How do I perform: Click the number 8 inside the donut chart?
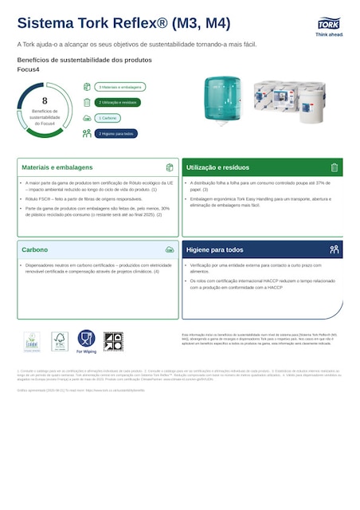pyautogui.click(x=45, y=101)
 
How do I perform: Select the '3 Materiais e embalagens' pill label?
pyautogui.click(x=120, y=87)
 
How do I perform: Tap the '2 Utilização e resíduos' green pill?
pyautogui.click(x=119, y=102)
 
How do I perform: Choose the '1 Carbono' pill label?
pyautogui.click(x=108, y=118)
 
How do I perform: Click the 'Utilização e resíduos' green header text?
pyautogui.click(x=217, y=168)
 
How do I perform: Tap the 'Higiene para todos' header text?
pyautogui.click(x=215, y=249)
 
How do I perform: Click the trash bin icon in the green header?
pyautogui.click(x=335, y=167)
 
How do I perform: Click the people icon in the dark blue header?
pyautogui.click(x=335, y=249)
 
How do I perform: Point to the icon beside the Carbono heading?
pyautogui.click(x=170, y=249)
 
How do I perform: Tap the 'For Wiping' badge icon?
pyautogui.click(x=86, y=341)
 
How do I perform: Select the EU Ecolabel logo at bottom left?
pyautogui.click(x=32, y=342)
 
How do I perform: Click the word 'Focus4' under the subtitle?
pyautogui.click(x=28, y=69)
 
